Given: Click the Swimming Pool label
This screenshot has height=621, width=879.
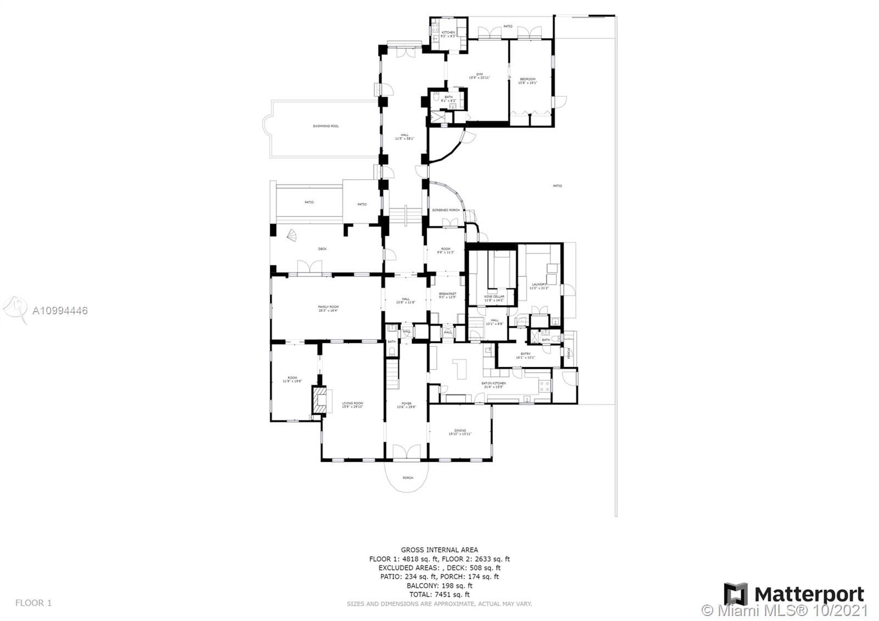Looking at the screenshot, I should coord(326,126).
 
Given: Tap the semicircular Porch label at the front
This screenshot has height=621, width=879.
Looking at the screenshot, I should coord(408,478).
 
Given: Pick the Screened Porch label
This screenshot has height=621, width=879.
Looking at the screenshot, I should coord(446,210).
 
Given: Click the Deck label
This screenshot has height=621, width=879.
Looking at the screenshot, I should coord(322,249).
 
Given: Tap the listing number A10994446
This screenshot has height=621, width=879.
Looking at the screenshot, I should coord(60,311).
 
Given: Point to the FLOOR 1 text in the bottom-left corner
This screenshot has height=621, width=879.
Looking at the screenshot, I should coord(34,603).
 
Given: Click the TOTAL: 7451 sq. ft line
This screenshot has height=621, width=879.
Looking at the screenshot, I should coord(439,594).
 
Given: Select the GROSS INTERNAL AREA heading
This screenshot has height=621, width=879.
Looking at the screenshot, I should coord(439,550).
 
